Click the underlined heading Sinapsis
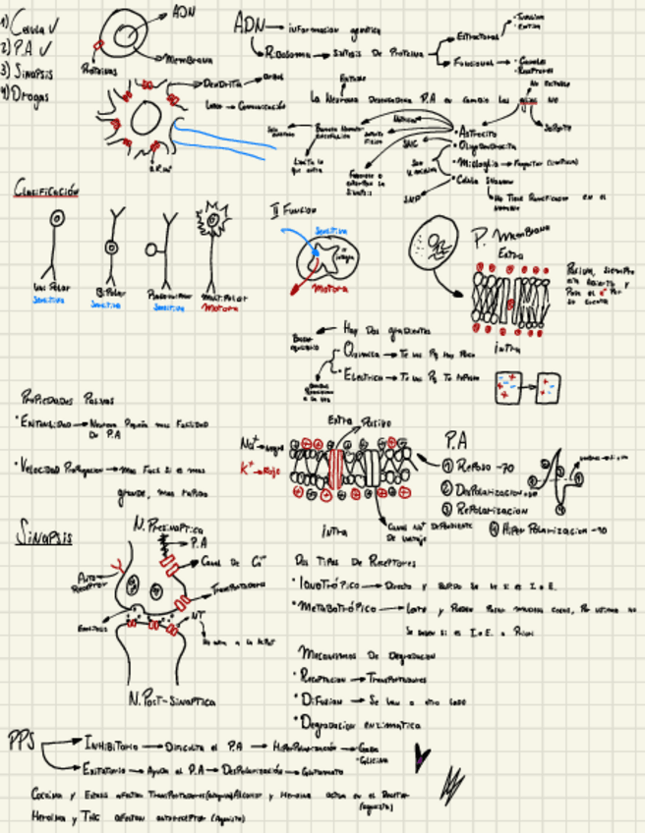point(43,536)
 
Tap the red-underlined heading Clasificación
point(46,190)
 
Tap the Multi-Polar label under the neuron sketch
point(225,296)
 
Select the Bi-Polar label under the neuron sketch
point(110,294)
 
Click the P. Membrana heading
point(513,236)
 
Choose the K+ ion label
point(248,470)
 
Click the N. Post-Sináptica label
point(172,700)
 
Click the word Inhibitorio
point(116,741)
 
